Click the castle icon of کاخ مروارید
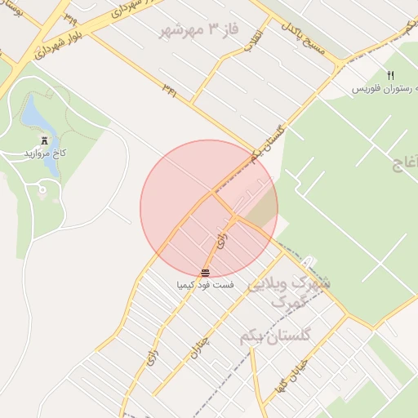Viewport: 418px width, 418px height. pos(44,140)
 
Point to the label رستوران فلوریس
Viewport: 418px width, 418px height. pos(380,88)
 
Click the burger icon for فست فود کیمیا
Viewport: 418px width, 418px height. pos(204,273)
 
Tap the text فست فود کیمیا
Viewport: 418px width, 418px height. pos(205,286)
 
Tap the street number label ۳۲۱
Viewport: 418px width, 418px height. pos(169,86)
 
